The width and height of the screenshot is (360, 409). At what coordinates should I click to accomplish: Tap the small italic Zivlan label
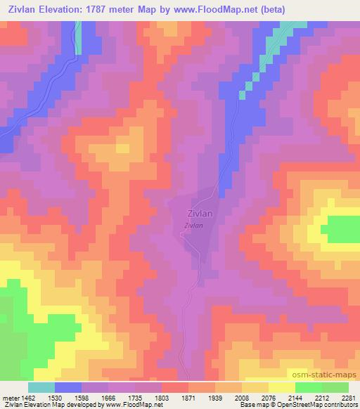194,226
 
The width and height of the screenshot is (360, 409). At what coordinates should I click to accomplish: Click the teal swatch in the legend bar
41,387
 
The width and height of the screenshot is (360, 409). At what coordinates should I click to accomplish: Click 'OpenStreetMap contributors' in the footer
314,405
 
